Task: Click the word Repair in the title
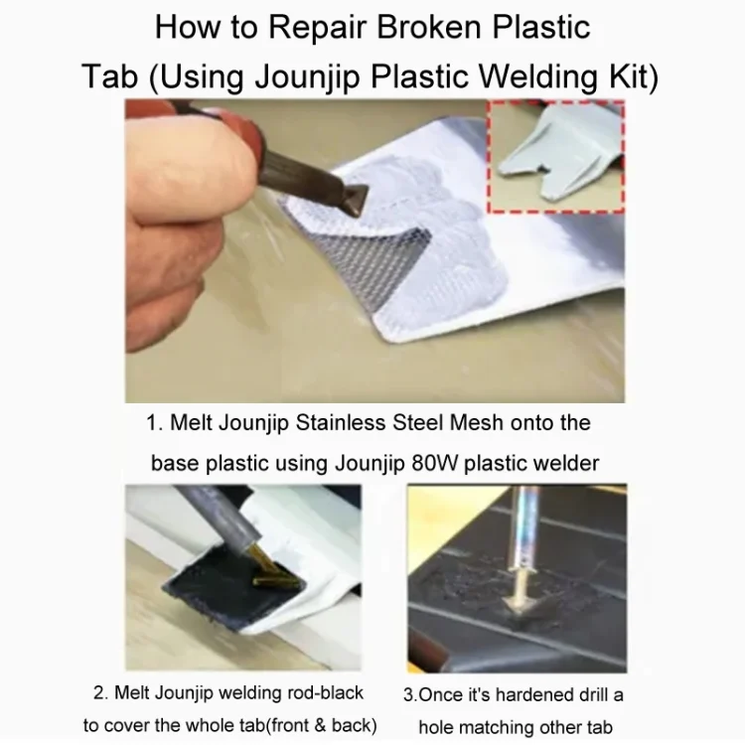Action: coord(318,29)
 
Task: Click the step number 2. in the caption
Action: coord(101,692)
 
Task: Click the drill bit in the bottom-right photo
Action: coord(522,546)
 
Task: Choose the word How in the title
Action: coord(187,27)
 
